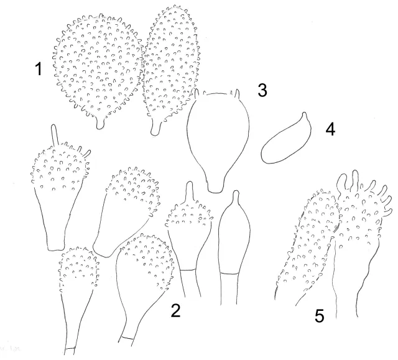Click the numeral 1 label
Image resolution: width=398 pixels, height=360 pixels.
click(x=39, y=69)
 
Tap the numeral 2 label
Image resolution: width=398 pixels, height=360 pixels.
click(x=175, y=310)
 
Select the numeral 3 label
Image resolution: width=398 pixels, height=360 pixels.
click(x=262, y=90)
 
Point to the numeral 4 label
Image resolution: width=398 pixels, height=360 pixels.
click(x=330, y=129)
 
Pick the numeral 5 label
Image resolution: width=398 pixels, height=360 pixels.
click(x=320, y=316)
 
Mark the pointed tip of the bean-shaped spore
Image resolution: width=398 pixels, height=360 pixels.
click(x=304, y=113)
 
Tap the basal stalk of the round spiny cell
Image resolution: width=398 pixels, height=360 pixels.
click(x=100, y=124)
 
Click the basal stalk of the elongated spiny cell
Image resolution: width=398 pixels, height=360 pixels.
click(x=155, y=128)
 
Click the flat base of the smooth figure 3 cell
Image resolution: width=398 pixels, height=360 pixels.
click(x=215, y=192)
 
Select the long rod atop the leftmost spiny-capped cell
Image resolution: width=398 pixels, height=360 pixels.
click(x=54, y=134)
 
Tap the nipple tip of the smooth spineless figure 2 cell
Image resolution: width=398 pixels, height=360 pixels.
click(x=236, y=195)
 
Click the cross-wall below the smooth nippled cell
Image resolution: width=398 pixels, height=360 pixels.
click(x=229, y=273)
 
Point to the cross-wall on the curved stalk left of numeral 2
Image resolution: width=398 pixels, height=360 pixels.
click(x=127, y=338)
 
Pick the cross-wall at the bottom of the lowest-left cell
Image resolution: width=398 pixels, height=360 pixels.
click(x=70, y=348)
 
